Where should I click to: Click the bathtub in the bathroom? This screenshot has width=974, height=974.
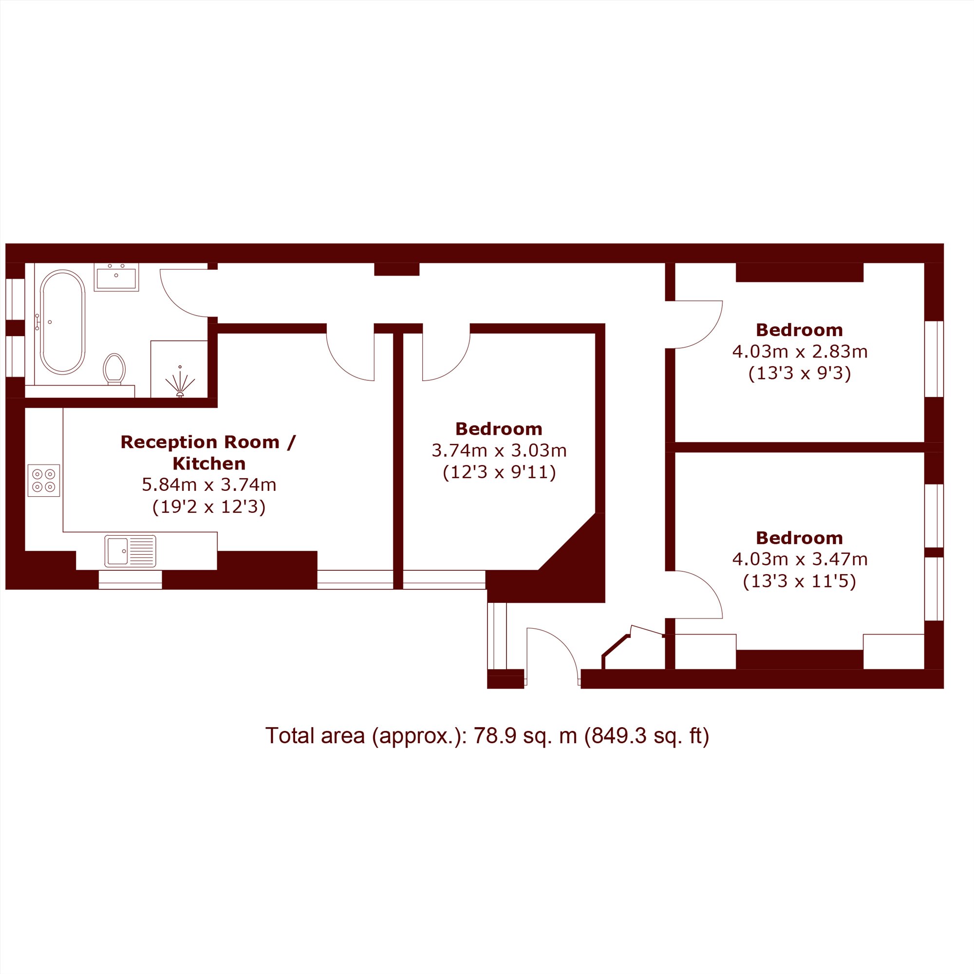pyautogui.click(x=62, y=322)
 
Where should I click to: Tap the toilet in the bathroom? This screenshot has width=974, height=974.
pyautogui.click(x=114, y=369)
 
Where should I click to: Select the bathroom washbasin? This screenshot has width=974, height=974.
pyautogui.click(x=116, y=277)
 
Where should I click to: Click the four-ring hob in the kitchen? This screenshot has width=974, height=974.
pyautogui.click(x=44, y=481)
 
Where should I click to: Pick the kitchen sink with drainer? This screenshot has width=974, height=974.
pyautogui.click(x=131, y=551)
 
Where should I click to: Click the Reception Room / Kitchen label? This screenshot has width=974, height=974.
pyautogui.click(x=208, y=452)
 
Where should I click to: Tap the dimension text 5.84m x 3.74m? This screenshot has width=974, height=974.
pyautogui.click(x=209, y=485)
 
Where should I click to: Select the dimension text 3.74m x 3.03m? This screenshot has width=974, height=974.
pyautogui.click(x=499, y=450)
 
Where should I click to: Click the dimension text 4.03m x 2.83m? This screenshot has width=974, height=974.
pyautogui.click(x=800, y=352)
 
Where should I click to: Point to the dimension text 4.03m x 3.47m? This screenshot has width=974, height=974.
pyautogui.click(x=800, y=559)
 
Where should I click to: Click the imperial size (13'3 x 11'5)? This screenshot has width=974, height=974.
pyautogui.click(x=800, y=581)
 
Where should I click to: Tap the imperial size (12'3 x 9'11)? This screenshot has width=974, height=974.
pyautogui.click(x=499, y=472)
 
